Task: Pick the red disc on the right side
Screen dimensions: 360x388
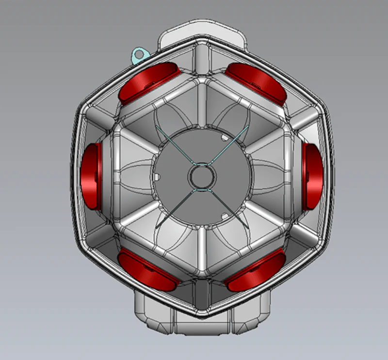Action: pyautogui.click(x=313, y=177)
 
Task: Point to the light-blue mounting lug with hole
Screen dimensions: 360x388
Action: pyautogui.click(x=139, y=54)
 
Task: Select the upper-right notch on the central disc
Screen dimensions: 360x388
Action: pyautogui.click(x=225, y=139)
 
